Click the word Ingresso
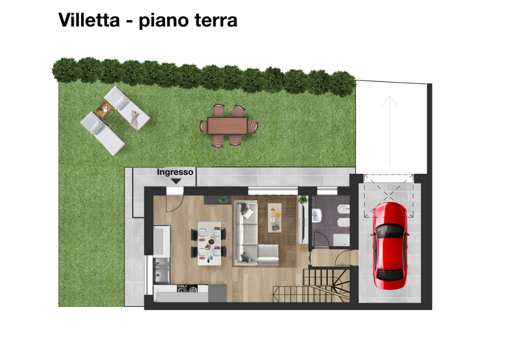175,172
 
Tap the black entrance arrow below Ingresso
175,181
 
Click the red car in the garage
390,245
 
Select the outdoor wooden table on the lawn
227,125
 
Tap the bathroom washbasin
316,215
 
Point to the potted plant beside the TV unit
302,200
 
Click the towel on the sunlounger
134,118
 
